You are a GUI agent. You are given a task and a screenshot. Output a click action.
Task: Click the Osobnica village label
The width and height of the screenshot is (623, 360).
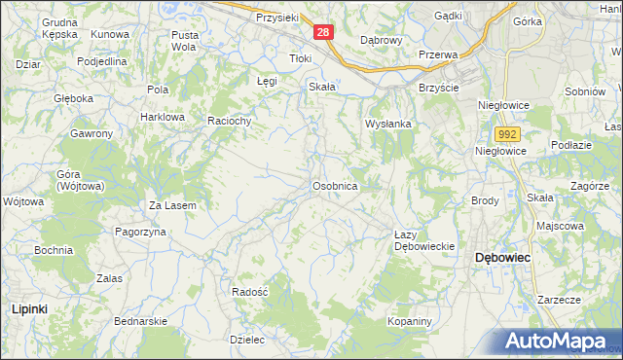336,185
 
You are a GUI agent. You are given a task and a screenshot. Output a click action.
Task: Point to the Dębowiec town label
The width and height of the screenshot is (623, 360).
501,258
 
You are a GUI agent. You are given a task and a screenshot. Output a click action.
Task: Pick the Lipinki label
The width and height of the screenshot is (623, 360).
29,307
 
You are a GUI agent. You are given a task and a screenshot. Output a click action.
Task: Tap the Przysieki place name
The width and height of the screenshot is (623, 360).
275,18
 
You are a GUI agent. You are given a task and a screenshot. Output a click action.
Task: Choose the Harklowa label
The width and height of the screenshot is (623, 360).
162,117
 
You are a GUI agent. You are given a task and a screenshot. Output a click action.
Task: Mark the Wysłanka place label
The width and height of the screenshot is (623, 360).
389,125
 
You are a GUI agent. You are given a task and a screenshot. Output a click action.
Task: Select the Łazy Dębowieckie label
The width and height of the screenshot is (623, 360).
424,240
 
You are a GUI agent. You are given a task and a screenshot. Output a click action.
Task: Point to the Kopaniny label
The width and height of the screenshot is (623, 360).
409,321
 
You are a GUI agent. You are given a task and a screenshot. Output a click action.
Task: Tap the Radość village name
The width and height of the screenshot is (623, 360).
250,291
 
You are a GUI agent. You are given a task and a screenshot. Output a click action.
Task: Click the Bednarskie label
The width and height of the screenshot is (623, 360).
141,320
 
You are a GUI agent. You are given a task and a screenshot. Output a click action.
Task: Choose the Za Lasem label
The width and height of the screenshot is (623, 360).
172,205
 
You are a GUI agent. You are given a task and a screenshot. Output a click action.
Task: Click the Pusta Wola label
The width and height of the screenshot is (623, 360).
184,40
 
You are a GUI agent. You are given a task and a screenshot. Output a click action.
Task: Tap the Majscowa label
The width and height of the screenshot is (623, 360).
560,226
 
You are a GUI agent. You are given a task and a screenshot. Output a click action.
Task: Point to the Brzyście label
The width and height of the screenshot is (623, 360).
438,87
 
